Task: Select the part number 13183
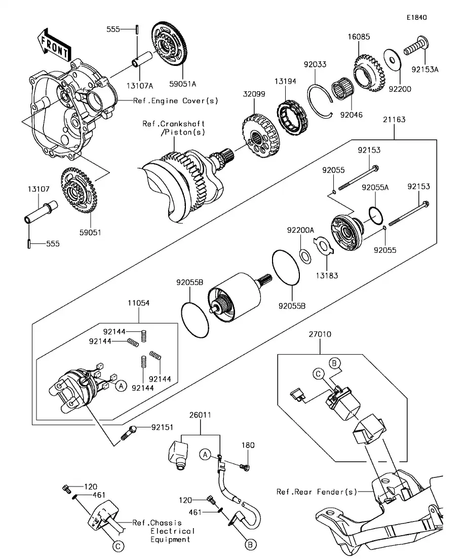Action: (x=326, y=276)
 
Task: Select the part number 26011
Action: (x=200, y=415)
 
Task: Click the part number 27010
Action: (x=320, y=335)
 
